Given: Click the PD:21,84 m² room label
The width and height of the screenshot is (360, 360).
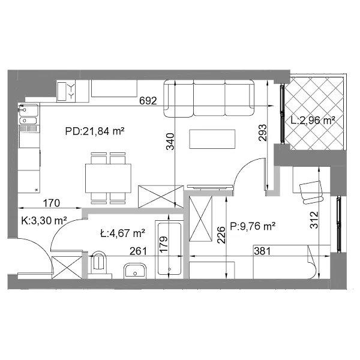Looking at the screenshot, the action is click(x=95, y=131).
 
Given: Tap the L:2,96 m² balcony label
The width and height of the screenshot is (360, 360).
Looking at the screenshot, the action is click(x=313, y=120).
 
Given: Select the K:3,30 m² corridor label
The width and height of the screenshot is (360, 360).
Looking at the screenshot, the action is click(x=44, y=221).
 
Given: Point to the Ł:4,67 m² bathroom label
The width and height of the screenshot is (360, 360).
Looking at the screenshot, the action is click(x=122, y=233).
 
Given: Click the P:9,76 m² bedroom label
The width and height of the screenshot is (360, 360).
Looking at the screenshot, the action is click(x=253, y=226).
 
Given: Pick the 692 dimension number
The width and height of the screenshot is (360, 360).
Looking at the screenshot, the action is click(x=148, y=101).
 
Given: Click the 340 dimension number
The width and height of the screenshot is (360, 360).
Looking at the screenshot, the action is click(x=170, y=142).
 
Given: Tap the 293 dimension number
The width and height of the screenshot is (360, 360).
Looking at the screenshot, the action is click(x=263, y=133).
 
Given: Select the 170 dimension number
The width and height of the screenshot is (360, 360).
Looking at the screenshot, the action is click(x=52, y=203).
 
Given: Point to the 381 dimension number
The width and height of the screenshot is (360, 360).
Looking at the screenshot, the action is click(x=262, y=251).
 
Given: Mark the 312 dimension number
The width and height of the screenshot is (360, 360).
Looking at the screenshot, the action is click(x=314, y=220).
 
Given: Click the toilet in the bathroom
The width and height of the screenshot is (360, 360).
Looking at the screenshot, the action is click(x=99, y=263).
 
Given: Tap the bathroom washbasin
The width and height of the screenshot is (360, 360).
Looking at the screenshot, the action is click(x=135, y=271).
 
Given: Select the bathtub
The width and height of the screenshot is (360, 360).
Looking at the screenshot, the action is click(x=169, y=250).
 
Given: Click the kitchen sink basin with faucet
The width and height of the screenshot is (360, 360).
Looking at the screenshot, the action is click(x=29, y=110).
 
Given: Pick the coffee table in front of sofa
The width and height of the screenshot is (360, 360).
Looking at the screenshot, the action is click(x=212, y=139).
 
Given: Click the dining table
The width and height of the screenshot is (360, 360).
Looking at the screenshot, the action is click(x=108, y=178).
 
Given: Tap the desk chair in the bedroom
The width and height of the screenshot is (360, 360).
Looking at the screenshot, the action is click(x=311, y=193).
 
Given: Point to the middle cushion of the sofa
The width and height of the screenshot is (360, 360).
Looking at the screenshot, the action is click(x=209, y=98).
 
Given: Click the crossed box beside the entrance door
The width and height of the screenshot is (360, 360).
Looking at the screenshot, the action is click(x=67, y=268).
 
